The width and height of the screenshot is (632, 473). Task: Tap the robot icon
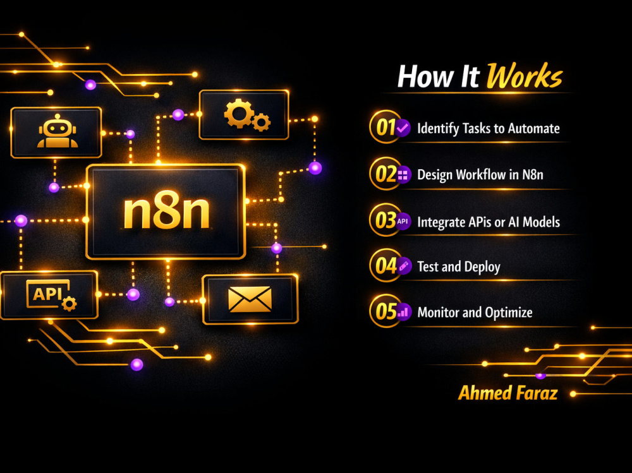pos(58,131)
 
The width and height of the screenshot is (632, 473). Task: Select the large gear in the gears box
pos(239,113)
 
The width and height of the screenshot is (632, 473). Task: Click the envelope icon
pos(250,299)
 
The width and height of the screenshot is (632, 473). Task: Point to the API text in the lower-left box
pos(47,294)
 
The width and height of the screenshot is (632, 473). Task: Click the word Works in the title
pos(524,76)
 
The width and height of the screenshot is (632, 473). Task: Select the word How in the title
pos(426,76)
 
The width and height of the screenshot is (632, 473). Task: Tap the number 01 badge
pos(386,128)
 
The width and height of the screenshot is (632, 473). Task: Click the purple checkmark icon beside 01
pos(403,128)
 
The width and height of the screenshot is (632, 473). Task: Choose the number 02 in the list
pos(386,174)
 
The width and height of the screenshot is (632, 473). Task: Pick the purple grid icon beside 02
pos(403,175)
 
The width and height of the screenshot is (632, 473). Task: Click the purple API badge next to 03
pos(403,221)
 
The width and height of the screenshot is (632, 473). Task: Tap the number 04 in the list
pos(386,266)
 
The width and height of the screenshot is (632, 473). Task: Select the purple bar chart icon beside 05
pos(403,312)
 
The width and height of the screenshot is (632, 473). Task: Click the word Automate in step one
pos(533,129)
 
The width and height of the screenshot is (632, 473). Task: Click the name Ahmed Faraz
pos(508,393)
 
